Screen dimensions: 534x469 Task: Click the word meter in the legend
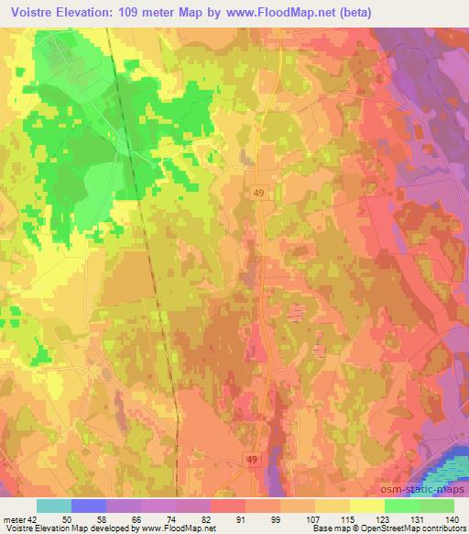coord(17,519)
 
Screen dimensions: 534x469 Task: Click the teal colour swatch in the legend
coord(53,506)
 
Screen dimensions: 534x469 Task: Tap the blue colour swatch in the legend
coord(88,506)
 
